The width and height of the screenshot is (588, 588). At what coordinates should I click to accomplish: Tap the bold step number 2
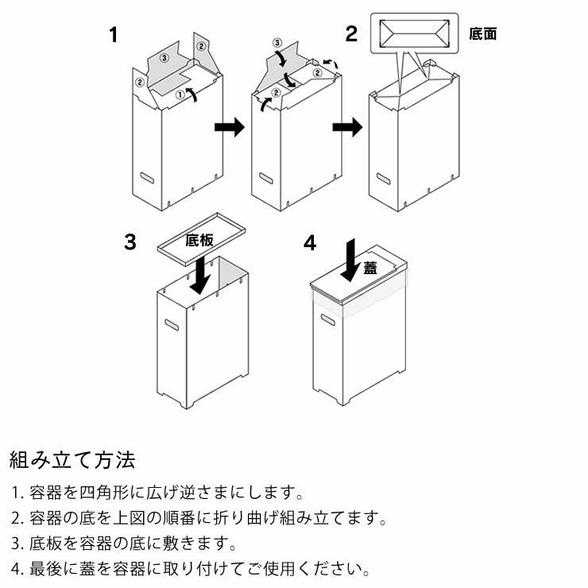pyautogui.click(x=351, y=35)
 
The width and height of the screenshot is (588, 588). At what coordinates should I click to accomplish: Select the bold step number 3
pyautogui.click(x=130, y=242)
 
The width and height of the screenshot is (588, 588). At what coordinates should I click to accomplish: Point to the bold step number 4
pyautogui.click(x=309, y=242)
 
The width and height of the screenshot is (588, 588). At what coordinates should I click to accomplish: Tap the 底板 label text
pyautogui.click(x=199, y=240)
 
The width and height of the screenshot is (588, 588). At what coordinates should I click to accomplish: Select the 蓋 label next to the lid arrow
pyautogui.click(x=370, y=268)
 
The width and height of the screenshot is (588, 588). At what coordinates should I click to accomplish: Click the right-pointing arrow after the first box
pyautogui.click(x=230, y=128)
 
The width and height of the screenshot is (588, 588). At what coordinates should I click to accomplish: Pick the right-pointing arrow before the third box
pyautogui.click(x=346, y=128)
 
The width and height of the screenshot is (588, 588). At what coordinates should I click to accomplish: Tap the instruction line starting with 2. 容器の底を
pyautogui.click(x=199, y=519)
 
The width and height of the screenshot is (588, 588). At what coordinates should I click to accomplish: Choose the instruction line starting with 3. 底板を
pyautogui.click(x=124, y=544)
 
